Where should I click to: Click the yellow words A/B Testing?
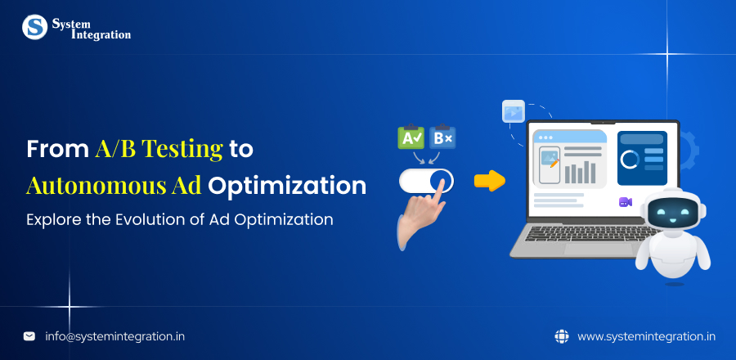(x=159, y=149)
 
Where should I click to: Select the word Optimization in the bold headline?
(x=287, y=185)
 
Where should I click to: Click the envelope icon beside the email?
(x=29, y=335)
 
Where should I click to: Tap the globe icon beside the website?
(x=561, y=335)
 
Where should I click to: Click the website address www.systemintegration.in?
(x=646, y=335)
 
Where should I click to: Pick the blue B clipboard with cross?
(x=442, y=137)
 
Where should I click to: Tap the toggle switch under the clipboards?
(x=425, y=180)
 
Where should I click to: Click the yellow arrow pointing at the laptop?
(x=489, y=181)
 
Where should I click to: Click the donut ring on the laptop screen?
(x=630, y=159)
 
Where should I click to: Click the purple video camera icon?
(x=626, y=202)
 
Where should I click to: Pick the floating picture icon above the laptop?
(x=514, y=111)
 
